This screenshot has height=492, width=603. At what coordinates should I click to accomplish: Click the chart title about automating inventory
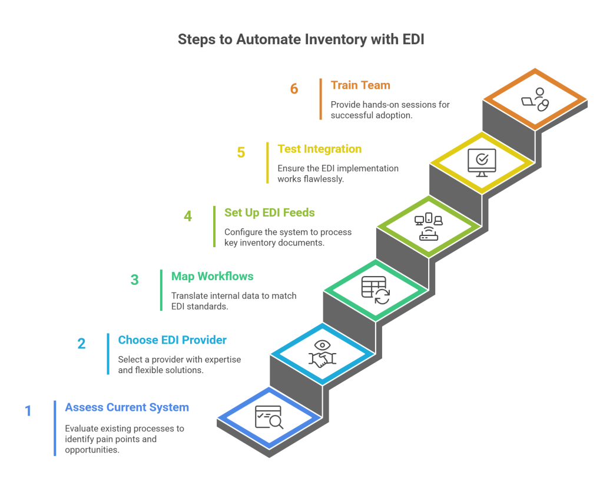coord(300,40)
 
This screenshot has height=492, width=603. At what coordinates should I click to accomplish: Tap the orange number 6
coord(294,89)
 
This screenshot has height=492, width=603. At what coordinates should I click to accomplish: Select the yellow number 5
coord(241,152)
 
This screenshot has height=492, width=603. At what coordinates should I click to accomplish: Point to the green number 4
coord(187,216)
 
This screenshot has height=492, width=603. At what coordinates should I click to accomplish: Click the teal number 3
coord(134,280)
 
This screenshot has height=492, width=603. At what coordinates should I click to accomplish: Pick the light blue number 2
coord(81,343)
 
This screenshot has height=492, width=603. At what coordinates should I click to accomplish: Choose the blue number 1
coord(28,410)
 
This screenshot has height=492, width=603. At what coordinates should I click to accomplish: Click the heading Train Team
coord(360,85)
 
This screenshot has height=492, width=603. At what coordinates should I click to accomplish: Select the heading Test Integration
coord(319,149)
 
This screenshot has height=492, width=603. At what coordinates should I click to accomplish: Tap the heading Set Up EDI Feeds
coord(269,212)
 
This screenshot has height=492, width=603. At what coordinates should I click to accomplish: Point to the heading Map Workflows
coord(212,276)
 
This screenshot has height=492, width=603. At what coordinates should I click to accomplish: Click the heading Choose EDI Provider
coord(172,340)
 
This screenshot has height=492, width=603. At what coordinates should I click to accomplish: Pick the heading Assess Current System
coord(127,407)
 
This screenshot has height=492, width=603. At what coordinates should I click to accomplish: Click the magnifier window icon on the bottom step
coord(269,417)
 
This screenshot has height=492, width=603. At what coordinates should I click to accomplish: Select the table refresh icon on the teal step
coord(375,290)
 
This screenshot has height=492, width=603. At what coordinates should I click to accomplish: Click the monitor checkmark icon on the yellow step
coord(481,162)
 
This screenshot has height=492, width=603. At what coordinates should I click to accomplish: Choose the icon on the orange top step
coord(535,99)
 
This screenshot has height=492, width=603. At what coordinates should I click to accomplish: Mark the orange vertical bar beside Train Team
coord(321,99)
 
